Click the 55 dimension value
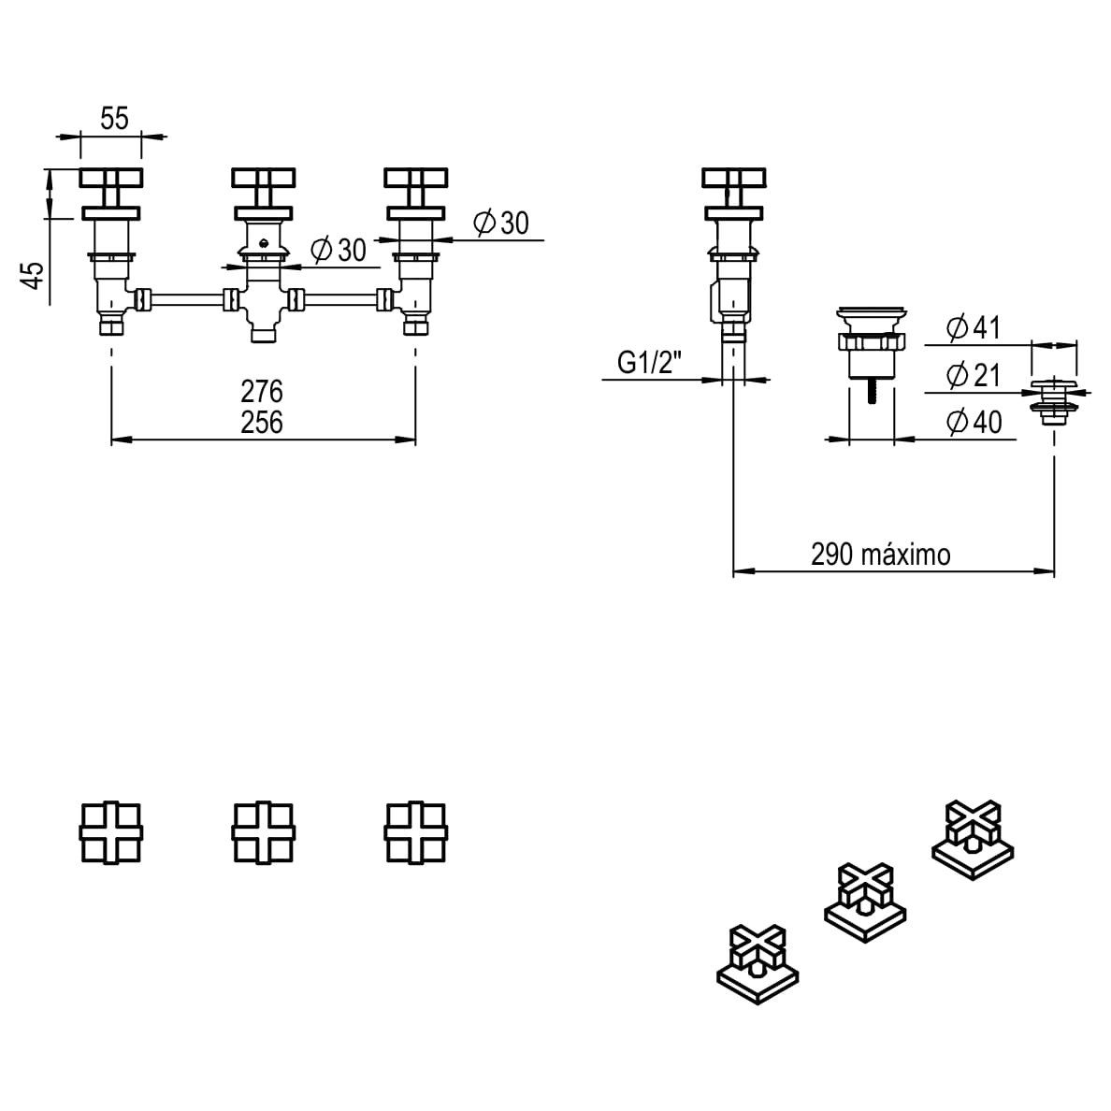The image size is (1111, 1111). (114, 118)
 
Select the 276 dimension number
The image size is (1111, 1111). (262, 391)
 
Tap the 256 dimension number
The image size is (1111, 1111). (262, 423)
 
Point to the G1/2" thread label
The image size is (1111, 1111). (649, 362)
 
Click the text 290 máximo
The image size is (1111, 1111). (880, 555)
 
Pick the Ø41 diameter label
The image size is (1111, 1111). (973, 328)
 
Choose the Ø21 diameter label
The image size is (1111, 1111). (973, 376)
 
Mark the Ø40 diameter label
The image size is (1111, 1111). (973, 423)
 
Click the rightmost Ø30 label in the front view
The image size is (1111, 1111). (500, 223)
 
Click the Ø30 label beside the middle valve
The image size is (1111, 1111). (337, 251)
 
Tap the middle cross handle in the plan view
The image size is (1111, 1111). (264, 831)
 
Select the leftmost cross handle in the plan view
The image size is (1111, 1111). (111, 831)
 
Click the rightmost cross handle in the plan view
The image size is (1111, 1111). (416, 831)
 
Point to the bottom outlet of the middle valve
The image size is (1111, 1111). (264, 332)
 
